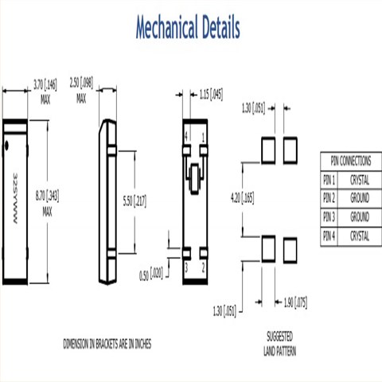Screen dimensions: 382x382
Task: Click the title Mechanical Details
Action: (x=187, y=29)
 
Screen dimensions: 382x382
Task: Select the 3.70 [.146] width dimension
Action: (x=45, y=87)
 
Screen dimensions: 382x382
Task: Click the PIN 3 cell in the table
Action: (x=330, y=216)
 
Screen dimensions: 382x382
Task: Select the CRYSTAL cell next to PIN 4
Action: (x=360, y=236)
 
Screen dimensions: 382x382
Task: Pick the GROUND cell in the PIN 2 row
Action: (x=360, y=197)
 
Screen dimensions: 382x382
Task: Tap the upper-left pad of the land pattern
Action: (x=268, y=149)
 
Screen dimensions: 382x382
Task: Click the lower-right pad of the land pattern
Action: (x=290, y=248)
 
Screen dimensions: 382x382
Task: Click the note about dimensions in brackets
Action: (x=107, y=343)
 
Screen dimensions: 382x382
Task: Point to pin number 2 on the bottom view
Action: (x=203, y=269)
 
